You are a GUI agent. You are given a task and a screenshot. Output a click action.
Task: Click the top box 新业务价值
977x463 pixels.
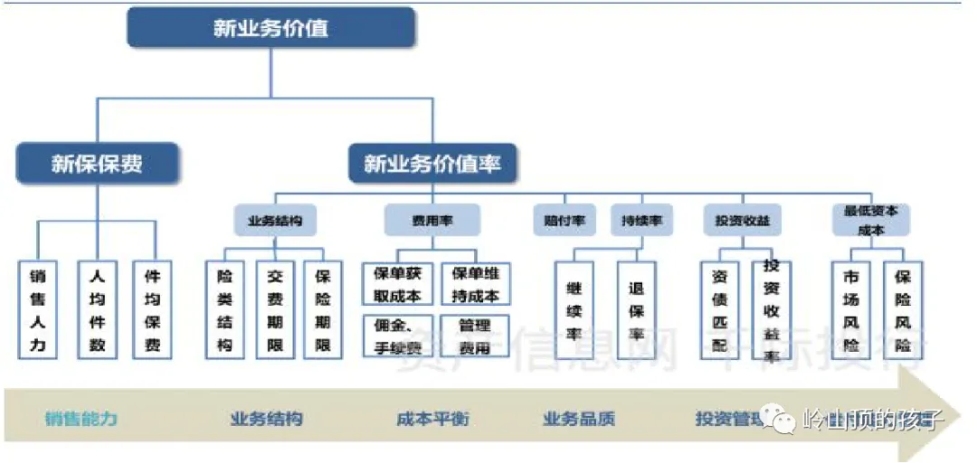(271, 28)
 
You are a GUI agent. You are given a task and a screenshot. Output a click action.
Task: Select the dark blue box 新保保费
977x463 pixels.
(97, 164)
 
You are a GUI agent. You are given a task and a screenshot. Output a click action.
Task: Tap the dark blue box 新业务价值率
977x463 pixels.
(432, 164)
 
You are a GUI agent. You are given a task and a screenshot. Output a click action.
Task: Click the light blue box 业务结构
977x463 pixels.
(275, 220)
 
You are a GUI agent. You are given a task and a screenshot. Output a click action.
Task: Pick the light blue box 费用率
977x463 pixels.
(432, 220)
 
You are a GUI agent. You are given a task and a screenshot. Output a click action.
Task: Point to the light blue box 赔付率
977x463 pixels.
(565, 220)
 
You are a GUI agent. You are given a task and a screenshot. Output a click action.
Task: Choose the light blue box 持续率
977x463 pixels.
(641, 220)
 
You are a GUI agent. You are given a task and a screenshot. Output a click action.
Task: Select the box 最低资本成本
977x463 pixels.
(870, 220)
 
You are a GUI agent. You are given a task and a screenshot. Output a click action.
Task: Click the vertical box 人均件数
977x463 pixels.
(97, 310)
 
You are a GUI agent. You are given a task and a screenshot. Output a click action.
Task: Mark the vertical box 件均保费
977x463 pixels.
(152, 310)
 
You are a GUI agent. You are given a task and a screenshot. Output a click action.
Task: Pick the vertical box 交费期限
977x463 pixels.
(275, 310)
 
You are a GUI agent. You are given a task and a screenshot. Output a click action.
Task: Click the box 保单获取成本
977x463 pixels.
(399, 283)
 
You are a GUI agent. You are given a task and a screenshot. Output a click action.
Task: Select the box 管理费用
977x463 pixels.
(475, 335)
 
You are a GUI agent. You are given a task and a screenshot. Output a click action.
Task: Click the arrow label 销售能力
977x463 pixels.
(81, 420)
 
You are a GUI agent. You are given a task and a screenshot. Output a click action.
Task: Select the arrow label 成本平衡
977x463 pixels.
(432, 420)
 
